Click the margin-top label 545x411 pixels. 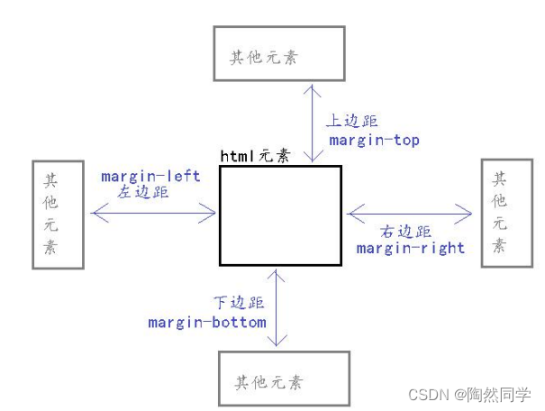[x=374, y=141]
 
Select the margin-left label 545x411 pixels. [x=150, y=177]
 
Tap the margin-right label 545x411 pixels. [x=411, y=247]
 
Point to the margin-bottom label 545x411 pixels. [x=208, y=322]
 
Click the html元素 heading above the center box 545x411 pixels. [x=256, y=155]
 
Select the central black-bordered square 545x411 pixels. [x=280, y=215]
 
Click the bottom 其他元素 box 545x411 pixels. [x=283, y=379]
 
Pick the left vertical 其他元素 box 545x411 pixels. [x=58, y=215]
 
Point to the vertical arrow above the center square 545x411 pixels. [x=311, y=123]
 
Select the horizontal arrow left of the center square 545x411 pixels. [x=154, y=213]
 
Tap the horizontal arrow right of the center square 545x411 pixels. [x=410, y=214]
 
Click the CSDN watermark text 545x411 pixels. [x=469, y=395]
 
